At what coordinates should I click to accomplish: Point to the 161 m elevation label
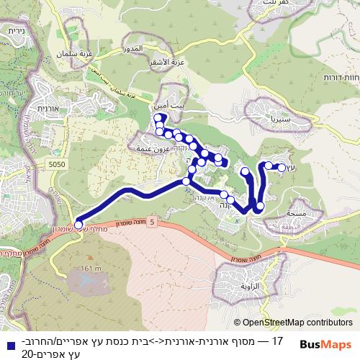point(91,269)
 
